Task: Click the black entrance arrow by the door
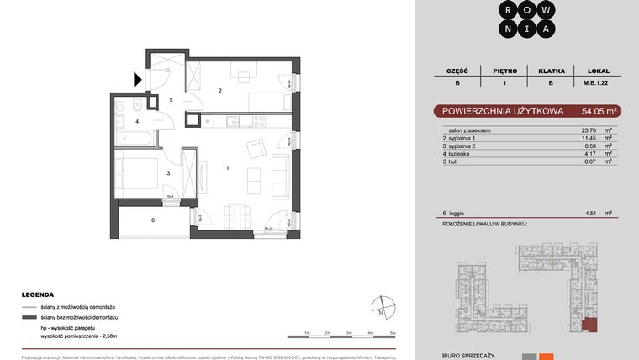138,80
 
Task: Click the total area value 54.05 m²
599,111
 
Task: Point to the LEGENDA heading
39,295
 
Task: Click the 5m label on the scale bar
393,333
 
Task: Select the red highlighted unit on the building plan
593,324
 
